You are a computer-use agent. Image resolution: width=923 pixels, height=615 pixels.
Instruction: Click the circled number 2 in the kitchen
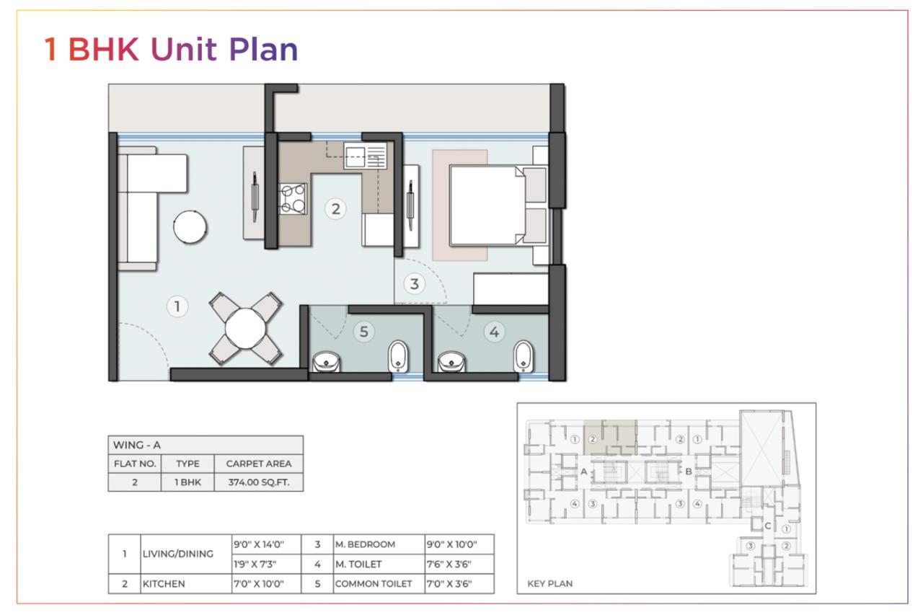pyautogui.click(x=335, y=209)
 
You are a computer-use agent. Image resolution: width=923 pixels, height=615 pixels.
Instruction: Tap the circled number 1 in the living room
pyautogui.click(x=177, y=306)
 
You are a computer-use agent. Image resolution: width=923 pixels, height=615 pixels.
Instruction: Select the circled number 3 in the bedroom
pyautogui.click(x=414, y=283)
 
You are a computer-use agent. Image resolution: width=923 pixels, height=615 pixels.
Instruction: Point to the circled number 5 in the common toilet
pyautogui.click(x=363, y=332)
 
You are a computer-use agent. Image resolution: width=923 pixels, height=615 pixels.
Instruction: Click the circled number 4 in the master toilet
pyautogui.click(x=494, y=332)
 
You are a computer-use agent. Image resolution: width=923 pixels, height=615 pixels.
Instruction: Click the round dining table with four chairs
pyautogui.click(x=246, y=329)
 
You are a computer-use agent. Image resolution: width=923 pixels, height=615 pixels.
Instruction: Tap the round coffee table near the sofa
pyautogui.click(x=190, y=227)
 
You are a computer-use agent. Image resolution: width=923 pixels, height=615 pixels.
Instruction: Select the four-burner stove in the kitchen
pyautogui.click(x=293, y=199)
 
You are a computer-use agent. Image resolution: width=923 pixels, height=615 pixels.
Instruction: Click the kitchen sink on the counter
pyautogui.click(x=365, y=156)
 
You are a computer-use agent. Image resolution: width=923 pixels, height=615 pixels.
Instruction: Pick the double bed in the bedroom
pyautogui.click(x=498, y=205)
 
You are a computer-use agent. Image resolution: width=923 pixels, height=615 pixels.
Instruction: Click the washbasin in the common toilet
pyautogui.click(x=327, y=361)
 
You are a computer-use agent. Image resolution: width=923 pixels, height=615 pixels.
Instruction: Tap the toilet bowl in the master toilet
pyautogui.click(x=524, y=356)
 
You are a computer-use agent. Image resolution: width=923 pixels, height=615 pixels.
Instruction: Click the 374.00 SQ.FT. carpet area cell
pyautogui.click(x=259, y=482)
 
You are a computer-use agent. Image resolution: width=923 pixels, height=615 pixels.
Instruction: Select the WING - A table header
pyautogui.click(x=137, y=445)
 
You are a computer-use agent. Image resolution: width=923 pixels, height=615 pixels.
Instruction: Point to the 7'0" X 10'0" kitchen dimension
pyautogui.click(x=259, y=584)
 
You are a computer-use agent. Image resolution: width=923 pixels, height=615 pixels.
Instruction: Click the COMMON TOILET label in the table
pyautogui.click(x=374, y=584)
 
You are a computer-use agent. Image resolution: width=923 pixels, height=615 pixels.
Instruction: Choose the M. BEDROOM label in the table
pyautogui.click(x=365, y=544)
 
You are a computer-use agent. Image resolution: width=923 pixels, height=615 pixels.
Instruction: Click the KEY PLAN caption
pyautogui.click(x=549, y=584)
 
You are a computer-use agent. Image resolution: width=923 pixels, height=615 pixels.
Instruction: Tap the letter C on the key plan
pyautogui.click(x=768, y=526)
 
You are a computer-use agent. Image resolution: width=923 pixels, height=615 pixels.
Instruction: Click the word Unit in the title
pyautogui.click(x=183, y=50)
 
